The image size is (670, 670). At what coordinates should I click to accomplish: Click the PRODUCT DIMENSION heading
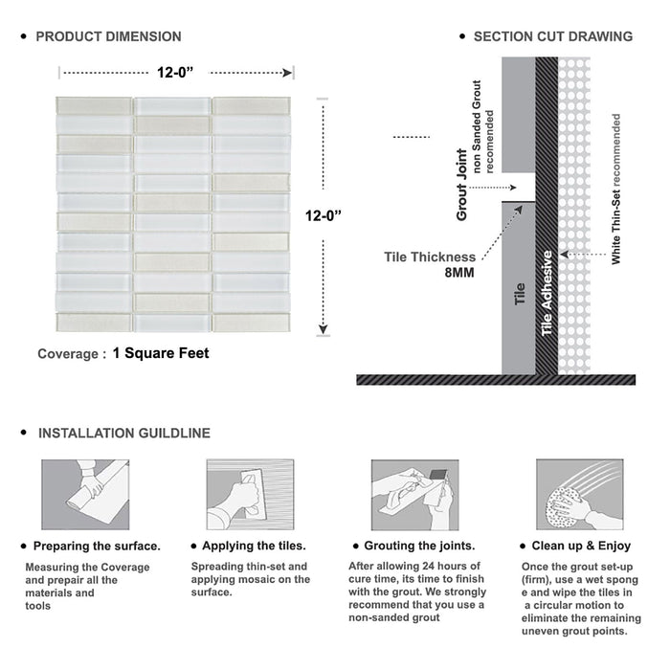click(x=108, y=36)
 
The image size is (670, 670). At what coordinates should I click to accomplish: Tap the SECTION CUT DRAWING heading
click(x=552, y=36)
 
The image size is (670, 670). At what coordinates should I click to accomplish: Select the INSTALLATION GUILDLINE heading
click(x=123, y=433)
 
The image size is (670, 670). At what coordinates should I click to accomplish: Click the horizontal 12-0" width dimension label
click(x=177, y=71)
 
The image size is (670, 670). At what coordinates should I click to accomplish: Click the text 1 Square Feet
click(x=161, y=353)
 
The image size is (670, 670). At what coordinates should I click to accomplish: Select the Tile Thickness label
click(x=429, y=257)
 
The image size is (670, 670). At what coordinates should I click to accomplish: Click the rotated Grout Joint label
click(x=462, y=185)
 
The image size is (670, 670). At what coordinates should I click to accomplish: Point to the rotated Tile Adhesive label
click(x=547, y=293)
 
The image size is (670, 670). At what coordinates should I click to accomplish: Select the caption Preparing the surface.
click(x=96, y=546)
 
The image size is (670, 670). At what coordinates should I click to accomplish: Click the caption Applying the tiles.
click(x=254, y=546)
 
